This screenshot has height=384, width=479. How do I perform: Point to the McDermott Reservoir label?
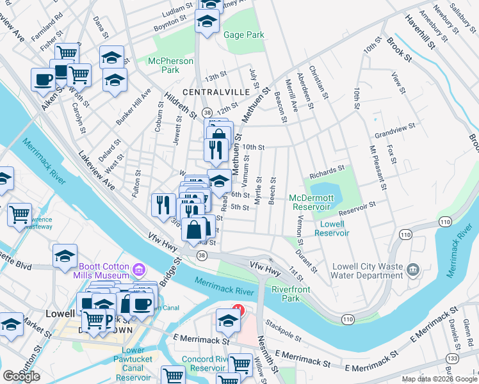tap(311, 202)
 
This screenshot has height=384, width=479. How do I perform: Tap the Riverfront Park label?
tap(291, 294)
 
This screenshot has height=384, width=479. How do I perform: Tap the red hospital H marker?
tap(238, 309)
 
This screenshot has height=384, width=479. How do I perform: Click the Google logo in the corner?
tap(21, 376)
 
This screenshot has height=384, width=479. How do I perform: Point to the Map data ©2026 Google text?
tap(439, 379)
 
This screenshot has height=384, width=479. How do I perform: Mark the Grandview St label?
tap(395, 136)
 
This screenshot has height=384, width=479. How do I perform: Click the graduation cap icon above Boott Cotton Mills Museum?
tap(65, 257)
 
